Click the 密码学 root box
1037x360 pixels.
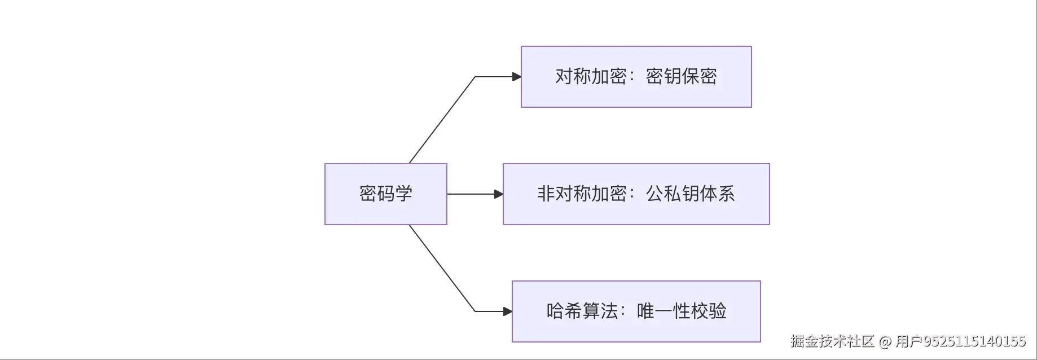(385, 194)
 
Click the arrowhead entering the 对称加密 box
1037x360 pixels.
(516, 77)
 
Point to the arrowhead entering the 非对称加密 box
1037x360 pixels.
(498, 194)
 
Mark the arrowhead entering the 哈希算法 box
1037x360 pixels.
(507, 311)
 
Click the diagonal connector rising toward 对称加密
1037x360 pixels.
(442, 120)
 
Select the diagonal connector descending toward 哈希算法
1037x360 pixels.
(442, 268)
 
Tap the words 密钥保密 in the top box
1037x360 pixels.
(681, 76)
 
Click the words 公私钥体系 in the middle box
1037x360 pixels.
(690, 194)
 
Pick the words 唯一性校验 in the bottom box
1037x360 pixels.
(681, 311)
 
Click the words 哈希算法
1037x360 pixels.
(582, 311)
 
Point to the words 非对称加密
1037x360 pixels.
(582, 194)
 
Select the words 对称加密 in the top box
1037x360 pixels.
(591, 76)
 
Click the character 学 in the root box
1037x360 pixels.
(403, 194)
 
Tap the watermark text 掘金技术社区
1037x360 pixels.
(832, 341)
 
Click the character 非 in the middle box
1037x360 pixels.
(546, 194)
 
